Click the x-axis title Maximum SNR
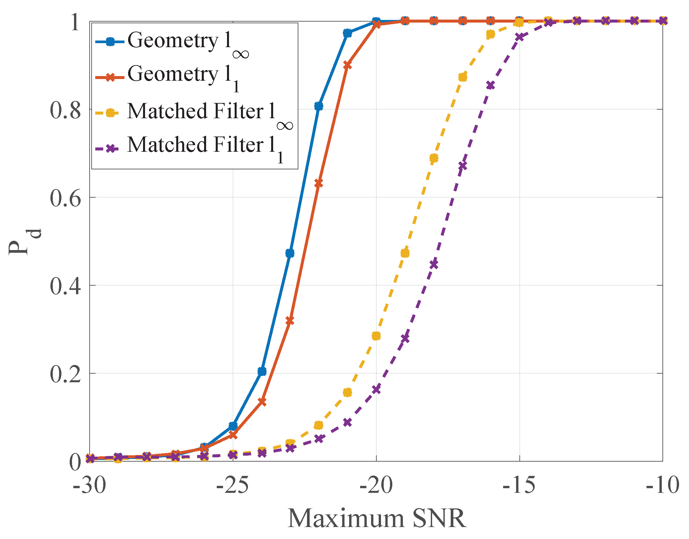click(377, 518)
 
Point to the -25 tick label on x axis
click(232, 486)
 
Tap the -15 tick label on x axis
click(519, 486)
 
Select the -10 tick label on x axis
click(662, 486)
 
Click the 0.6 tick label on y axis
click(65, 198)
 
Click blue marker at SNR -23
click(290, 253)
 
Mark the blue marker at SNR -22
click(319, 106)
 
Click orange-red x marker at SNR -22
click(319, 183)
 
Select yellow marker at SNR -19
click(405, 253)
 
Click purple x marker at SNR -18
click(434, 265)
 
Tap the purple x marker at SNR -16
click(491, 86)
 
